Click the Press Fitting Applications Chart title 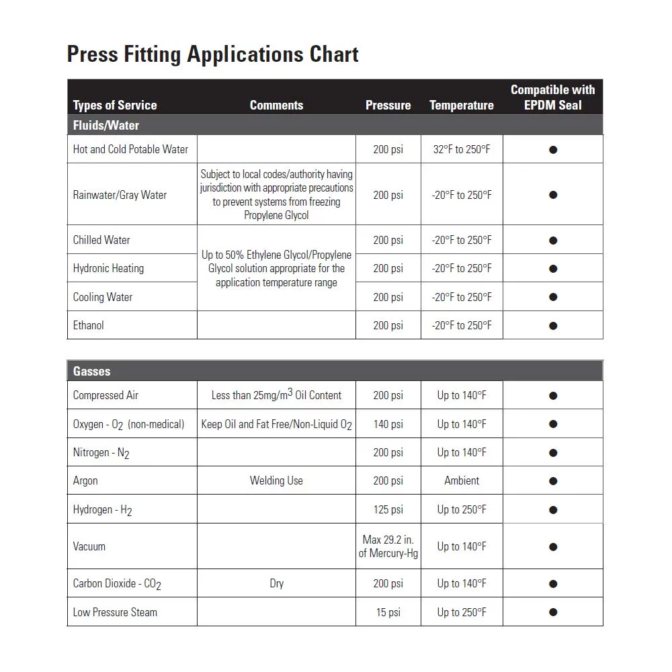(x=212, y=54)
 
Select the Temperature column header (x=461, y=106)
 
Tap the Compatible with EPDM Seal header (x=552, y=97)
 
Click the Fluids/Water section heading (x=106, y=125)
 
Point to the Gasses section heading (x=92, y=371)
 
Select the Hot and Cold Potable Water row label (x=130, y=149)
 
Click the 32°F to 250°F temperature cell (x=462, y=149)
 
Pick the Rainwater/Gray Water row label (x=120, y=195)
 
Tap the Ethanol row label (x=89, y=325)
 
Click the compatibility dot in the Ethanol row (x=553, y=326)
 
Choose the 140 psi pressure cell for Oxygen (x=388, y=424)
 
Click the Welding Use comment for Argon (x=276, y=480)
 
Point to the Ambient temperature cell (x=462, y=480)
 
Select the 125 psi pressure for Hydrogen (x=388, y=509)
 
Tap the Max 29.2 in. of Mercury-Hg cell (x=388, y=546)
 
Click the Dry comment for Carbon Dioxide (x=276, y=583)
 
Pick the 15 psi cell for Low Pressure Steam (x=388, y=612)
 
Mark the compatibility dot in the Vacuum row (x=553, y=547)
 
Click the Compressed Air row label (x=106, y=395)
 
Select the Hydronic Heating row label (x=108, y=268)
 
